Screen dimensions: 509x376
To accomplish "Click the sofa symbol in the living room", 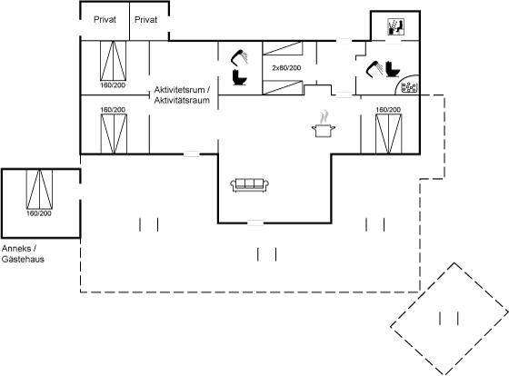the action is point(249,185).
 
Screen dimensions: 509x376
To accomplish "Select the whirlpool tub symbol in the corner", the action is point(409,86).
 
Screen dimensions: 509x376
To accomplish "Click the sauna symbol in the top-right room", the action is point(395,26).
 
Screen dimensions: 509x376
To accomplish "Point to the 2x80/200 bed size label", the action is point(286,68).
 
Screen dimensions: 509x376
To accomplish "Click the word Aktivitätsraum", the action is point(182,100).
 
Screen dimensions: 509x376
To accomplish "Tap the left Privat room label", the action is point(105,19).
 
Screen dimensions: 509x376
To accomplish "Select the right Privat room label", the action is point(145,19).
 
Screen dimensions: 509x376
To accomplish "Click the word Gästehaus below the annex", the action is point(23,259).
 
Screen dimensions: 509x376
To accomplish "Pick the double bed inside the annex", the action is point(39,189).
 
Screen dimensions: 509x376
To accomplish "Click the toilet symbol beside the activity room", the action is point(240,77).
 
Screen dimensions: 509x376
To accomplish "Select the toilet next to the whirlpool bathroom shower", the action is point(393,69).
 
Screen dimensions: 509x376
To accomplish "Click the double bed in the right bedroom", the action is point(389,134).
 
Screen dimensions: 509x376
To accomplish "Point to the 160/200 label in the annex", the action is point(39,213).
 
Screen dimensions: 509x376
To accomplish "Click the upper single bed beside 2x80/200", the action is point(283,48).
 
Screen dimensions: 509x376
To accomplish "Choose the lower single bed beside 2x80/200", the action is point(283,87).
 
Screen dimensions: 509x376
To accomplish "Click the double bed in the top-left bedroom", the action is point(113,61).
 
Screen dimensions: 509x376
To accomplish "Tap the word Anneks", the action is point(16,249).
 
